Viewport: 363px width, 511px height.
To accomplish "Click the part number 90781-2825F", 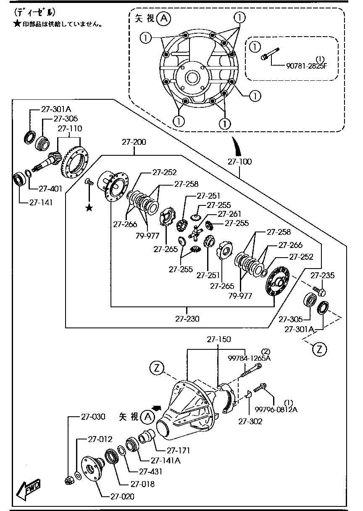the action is tap(307, 66).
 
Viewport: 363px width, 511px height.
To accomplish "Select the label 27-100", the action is tap(239, 162).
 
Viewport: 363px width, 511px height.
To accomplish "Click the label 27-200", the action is tap(134, 142).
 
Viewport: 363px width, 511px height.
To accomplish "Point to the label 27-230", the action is tap(187, 319).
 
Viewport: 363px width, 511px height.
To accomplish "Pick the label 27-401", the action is tap(50, 189).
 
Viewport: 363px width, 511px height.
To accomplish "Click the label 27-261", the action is tap(229, 214).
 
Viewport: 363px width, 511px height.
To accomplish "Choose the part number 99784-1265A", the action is tap(250, 358).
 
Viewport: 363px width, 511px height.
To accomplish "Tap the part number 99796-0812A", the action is tap(276, 410).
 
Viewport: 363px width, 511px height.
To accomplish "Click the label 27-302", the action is tap(250, 421).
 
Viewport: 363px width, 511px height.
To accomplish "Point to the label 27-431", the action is tap(150, 471).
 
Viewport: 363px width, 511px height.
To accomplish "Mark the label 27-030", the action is tap(93, 417).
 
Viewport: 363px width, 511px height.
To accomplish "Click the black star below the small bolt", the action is tap(89, 208).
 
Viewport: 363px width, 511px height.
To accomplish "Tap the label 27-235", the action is tap(323, 275).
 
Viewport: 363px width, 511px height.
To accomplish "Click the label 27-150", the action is tap(219, 339).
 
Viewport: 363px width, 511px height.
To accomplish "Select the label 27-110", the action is tap(70, 128).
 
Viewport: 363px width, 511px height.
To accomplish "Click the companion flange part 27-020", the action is tap(93, 467).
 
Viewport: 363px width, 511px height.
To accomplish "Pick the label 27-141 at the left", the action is tap(41, 202).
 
